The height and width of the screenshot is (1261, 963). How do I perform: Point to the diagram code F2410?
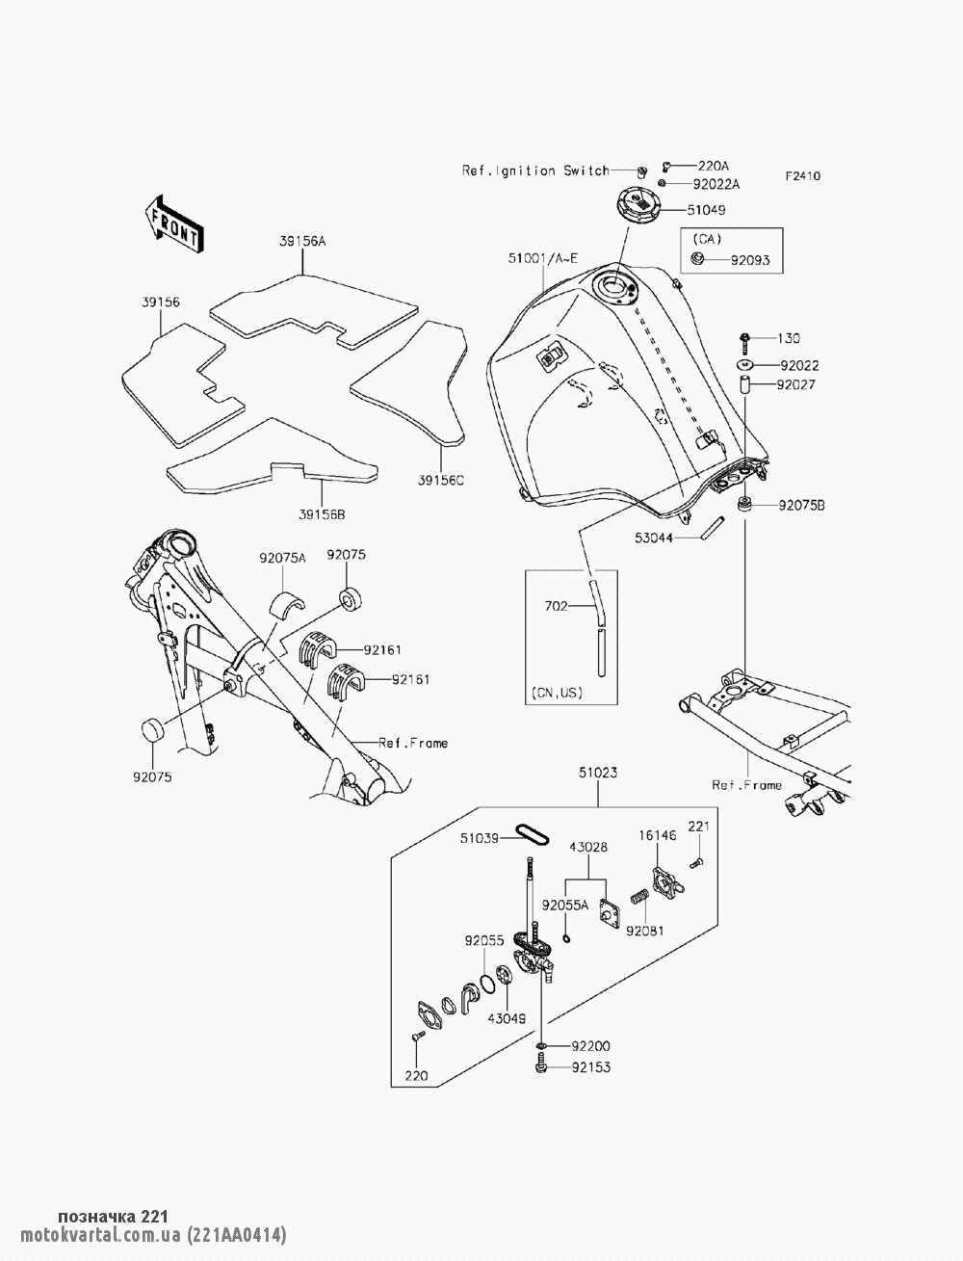(802, 177)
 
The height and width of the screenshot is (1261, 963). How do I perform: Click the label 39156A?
(301, 244)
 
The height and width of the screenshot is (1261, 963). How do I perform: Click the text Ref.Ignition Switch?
(535, 171)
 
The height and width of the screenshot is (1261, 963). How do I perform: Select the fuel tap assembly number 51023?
(598, 773)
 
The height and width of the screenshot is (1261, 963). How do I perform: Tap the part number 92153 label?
(590, 1067)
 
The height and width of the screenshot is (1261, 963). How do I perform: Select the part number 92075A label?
(281, 557)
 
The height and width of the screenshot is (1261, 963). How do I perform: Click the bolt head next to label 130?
(745, 338)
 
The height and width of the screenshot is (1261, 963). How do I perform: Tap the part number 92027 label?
(797, 384)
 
